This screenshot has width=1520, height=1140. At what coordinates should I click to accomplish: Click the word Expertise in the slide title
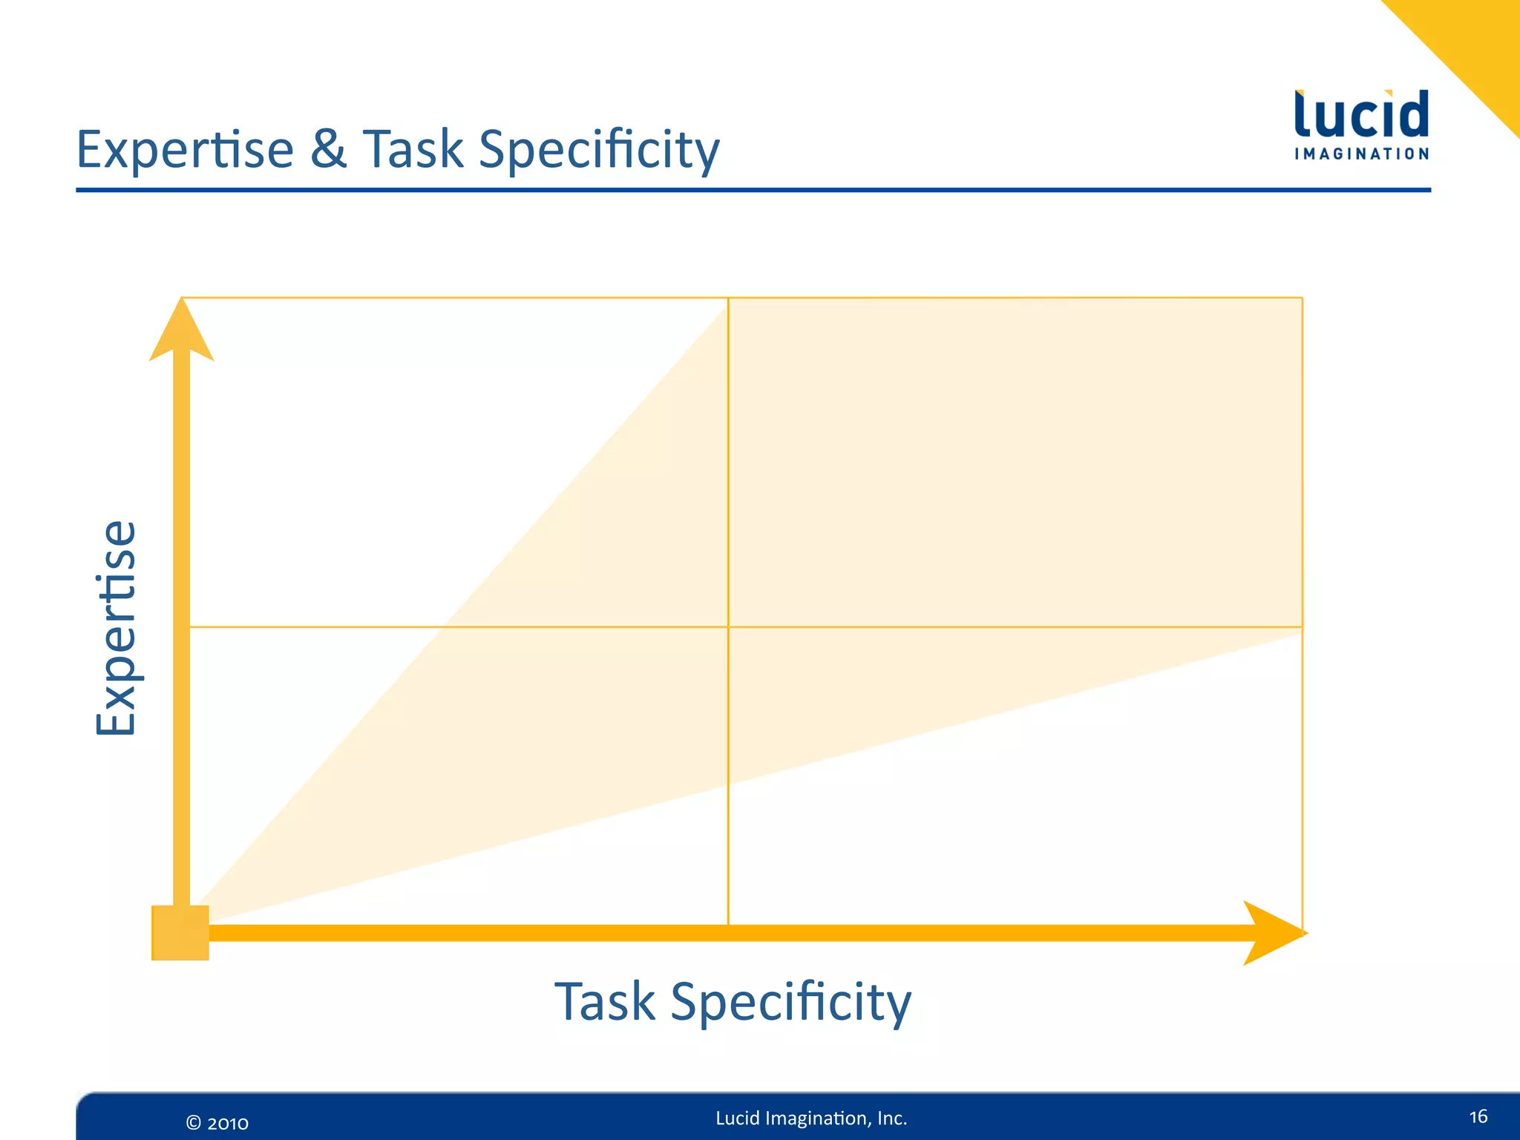click(x=186, y=150)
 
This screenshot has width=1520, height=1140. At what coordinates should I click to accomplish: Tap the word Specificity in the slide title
click(x=599, y=151)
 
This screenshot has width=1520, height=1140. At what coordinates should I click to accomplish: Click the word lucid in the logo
click(x=1361, y=115)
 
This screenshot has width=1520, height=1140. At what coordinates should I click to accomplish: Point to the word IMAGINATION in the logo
click(x=1361, y=154)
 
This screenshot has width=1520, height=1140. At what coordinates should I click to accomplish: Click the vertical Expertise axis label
click(x=117, y=628)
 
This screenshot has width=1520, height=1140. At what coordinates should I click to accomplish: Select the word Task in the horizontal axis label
click(x=605, y=1001)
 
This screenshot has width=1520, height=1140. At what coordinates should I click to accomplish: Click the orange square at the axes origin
click(x=180, y=933)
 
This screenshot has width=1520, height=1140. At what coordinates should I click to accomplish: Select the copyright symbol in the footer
click(x=193, y=1123)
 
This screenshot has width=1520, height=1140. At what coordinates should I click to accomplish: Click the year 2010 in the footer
click(x=228, y=1123)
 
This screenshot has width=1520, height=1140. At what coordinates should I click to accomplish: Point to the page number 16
click(x=1478, y=1117)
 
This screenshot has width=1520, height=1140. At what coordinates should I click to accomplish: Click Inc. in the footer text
click(x=892, y=1118)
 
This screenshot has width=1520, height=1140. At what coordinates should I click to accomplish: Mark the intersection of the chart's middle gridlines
click(x=728, y=627)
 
